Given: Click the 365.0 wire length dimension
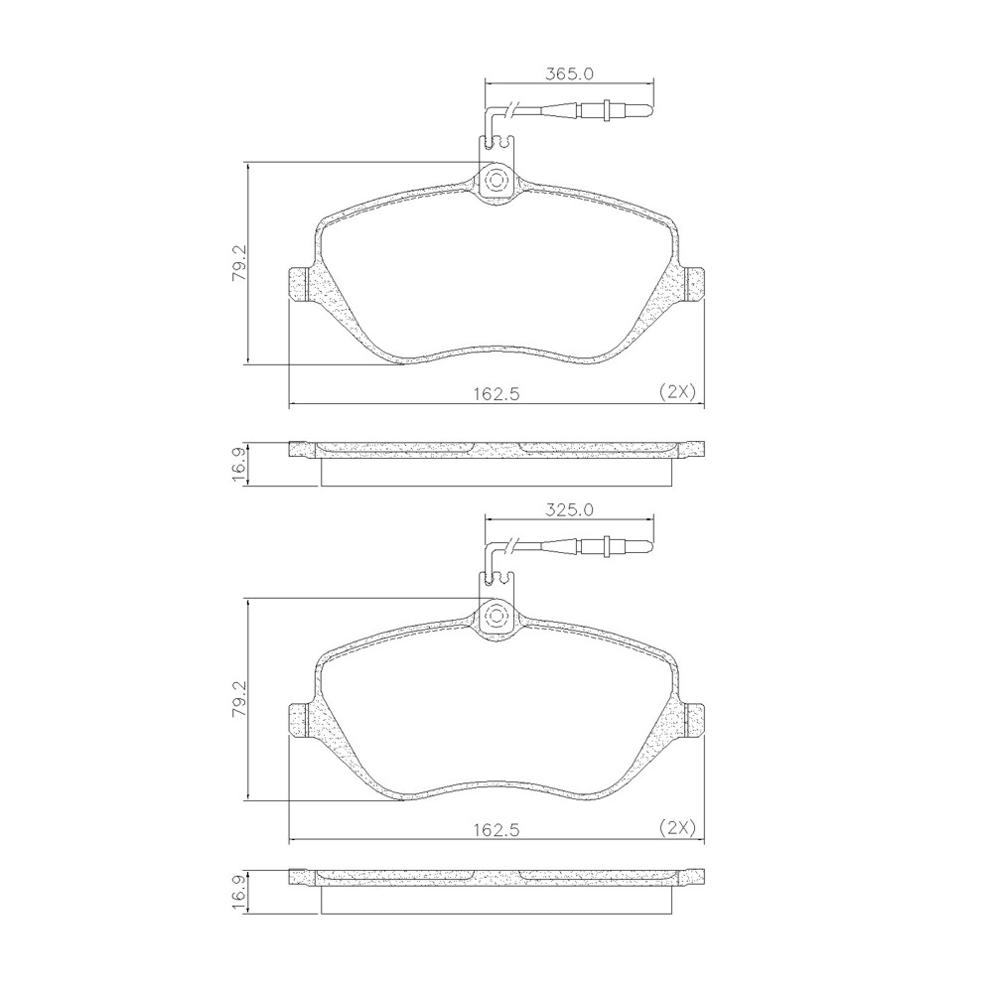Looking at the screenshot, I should point(569,73).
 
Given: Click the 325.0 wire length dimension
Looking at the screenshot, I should point(569,509).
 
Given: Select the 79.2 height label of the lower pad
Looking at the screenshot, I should point(238,700).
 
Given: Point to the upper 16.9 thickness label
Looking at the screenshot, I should point(238,464).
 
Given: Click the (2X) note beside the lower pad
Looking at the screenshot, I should point(677,827).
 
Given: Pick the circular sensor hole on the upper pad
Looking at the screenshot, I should point(496,181).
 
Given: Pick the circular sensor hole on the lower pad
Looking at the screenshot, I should point(496,617).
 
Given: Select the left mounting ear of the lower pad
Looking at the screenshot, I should point(299,719).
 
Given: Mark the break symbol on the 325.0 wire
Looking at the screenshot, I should point(510,545).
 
